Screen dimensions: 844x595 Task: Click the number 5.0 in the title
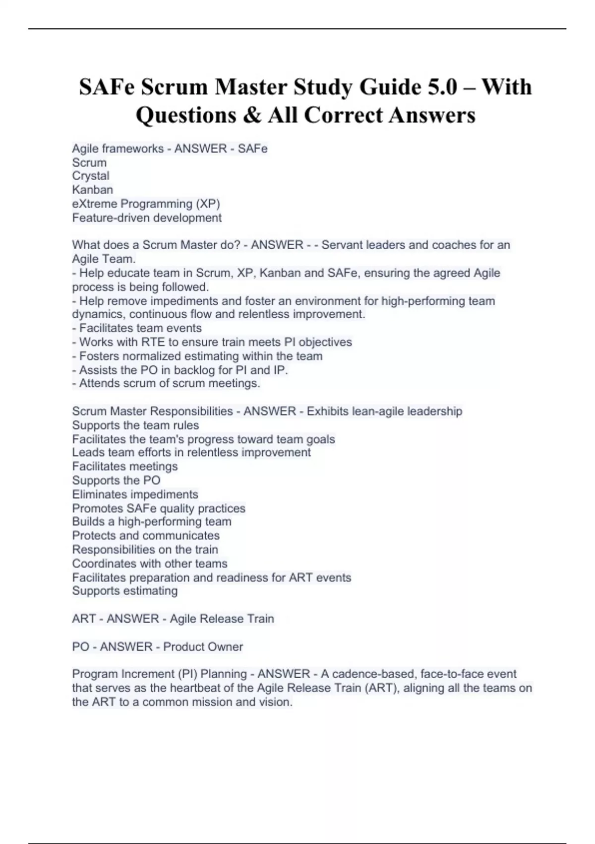(x=441, y=87)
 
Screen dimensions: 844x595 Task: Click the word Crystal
(x=91, y=176)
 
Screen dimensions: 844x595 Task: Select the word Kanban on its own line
(x=93, y=190)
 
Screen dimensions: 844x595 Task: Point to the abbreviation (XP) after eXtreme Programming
(x=208, y=204)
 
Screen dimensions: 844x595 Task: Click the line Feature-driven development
(x=147, y=217)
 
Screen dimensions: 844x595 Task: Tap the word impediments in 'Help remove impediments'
(x=183, y=301)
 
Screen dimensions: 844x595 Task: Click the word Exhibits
(x=327, y=411)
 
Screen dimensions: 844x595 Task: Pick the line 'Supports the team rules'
(x=135, y=425)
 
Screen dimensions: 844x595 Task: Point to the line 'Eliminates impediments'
(x=135, y=494)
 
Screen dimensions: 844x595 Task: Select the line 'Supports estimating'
(x=125, y=591)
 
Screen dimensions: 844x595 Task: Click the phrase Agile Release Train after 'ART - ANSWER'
(x=222, y=619)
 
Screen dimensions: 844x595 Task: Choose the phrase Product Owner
(x=203, y=646)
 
